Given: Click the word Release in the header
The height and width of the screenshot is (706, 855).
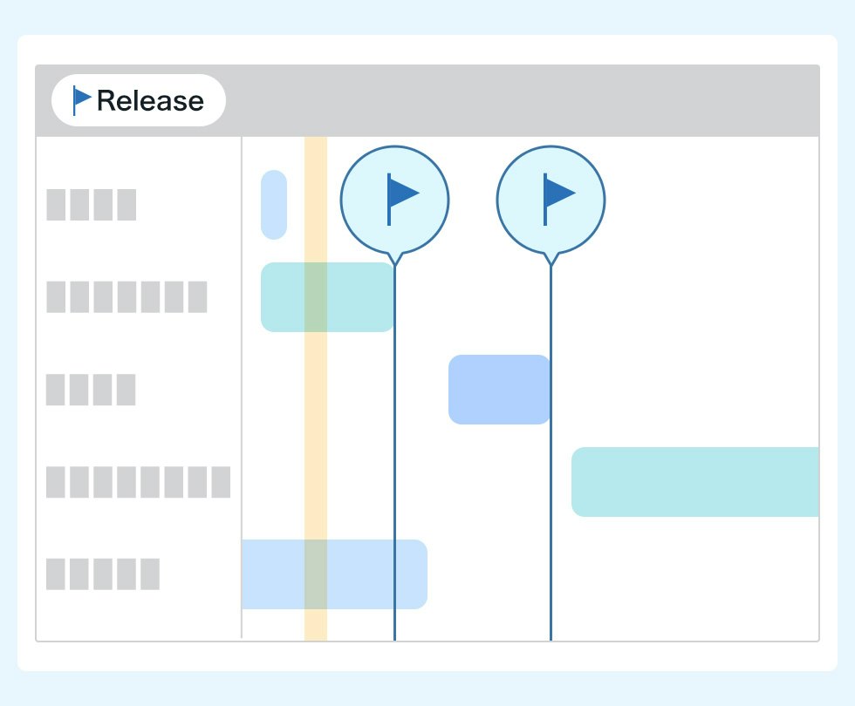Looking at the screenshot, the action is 150,101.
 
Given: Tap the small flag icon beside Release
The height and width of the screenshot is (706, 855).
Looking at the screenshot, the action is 82,99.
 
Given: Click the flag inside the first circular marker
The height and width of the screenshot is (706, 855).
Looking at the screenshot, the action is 402,199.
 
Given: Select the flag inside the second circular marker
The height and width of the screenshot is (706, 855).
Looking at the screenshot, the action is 559,199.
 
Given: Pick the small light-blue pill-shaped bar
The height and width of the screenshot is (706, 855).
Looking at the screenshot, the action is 274,205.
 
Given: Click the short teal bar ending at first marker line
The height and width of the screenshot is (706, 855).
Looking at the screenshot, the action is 327,297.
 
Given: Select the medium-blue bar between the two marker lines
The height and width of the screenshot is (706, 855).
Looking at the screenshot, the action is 499,390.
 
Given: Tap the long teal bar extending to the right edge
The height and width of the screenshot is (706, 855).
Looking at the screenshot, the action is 695,482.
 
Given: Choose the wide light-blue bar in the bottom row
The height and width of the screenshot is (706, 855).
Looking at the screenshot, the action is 334,574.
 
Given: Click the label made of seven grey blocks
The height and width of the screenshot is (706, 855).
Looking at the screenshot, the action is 127,297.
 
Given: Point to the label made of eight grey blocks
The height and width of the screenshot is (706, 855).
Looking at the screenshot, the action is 138,482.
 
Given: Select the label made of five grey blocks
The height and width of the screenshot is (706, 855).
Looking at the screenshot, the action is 103,574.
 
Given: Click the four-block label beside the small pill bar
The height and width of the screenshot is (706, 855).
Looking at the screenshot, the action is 91,205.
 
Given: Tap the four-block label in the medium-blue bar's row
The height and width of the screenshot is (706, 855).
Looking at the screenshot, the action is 91,390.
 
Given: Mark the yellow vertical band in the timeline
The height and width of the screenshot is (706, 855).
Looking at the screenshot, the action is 316,389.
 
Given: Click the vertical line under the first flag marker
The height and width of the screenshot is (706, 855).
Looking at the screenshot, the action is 394,453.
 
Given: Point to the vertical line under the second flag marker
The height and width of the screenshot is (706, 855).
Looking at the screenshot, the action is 551,453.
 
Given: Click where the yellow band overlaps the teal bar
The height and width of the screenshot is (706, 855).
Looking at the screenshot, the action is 316,297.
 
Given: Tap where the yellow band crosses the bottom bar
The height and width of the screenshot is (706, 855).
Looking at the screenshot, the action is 316,574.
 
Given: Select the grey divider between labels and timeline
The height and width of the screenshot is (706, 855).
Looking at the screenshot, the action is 242,387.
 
